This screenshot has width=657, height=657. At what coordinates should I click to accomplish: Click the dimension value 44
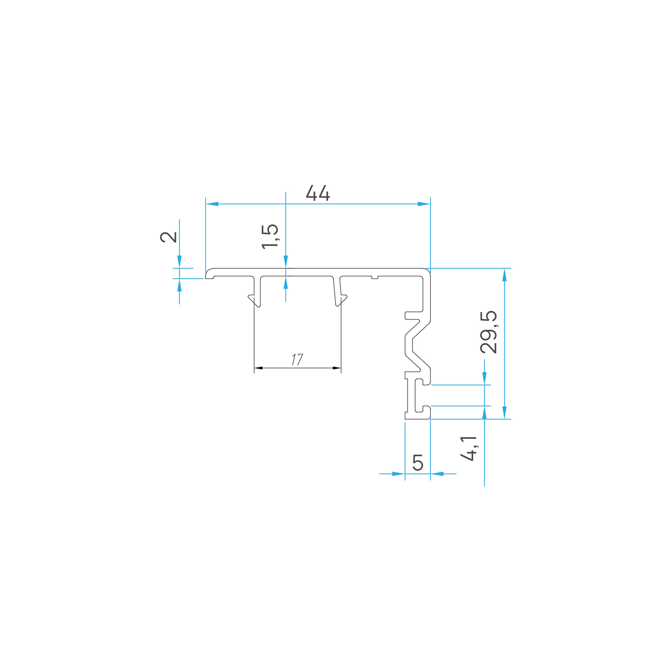pyautogui.click(x=318, y=193)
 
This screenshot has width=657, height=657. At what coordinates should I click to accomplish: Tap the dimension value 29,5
pyautogui.click(x=489, y=332)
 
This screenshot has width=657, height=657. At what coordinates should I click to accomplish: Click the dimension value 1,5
pyautogui.click(x=270, y=237)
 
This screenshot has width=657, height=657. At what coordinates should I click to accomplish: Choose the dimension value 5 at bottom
pyautogui.click(x=418, y=463)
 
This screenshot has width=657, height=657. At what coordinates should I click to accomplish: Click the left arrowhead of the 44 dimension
pyautogui.click(x=212, y=204)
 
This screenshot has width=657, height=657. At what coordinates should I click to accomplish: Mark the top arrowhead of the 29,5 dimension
pyautogui.click(x=504, y=275)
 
